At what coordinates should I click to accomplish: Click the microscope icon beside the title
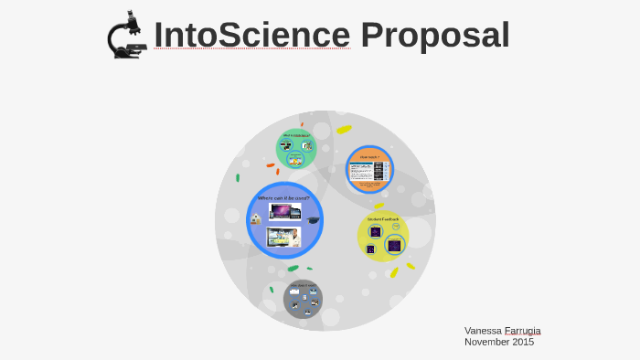(126, 35)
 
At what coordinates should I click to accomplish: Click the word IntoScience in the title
(251, 35)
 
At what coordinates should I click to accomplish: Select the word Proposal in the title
(434, 35)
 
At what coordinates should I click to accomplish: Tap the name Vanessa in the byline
(483, 330)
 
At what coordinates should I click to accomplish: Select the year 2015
(523, 342)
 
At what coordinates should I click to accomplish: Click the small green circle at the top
(296, 149)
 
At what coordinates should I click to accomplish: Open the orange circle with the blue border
(369, 169)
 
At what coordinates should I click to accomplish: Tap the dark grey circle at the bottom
(303, 300)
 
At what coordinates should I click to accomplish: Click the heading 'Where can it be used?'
(283, 197)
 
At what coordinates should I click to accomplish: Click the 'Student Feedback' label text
(383, 219)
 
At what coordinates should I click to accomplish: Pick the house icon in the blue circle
(256, 219)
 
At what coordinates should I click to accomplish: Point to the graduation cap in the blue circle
(313, 221)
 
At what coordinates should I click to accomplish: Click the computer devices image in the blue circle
(284, 212)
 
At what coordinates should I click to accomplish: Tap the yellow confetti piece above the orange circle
(344, 130)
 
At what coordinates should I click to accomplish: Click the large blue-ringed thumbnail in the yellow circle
(394, 245)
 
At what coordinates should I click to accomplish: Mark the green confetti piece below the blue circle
(293, 268)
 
